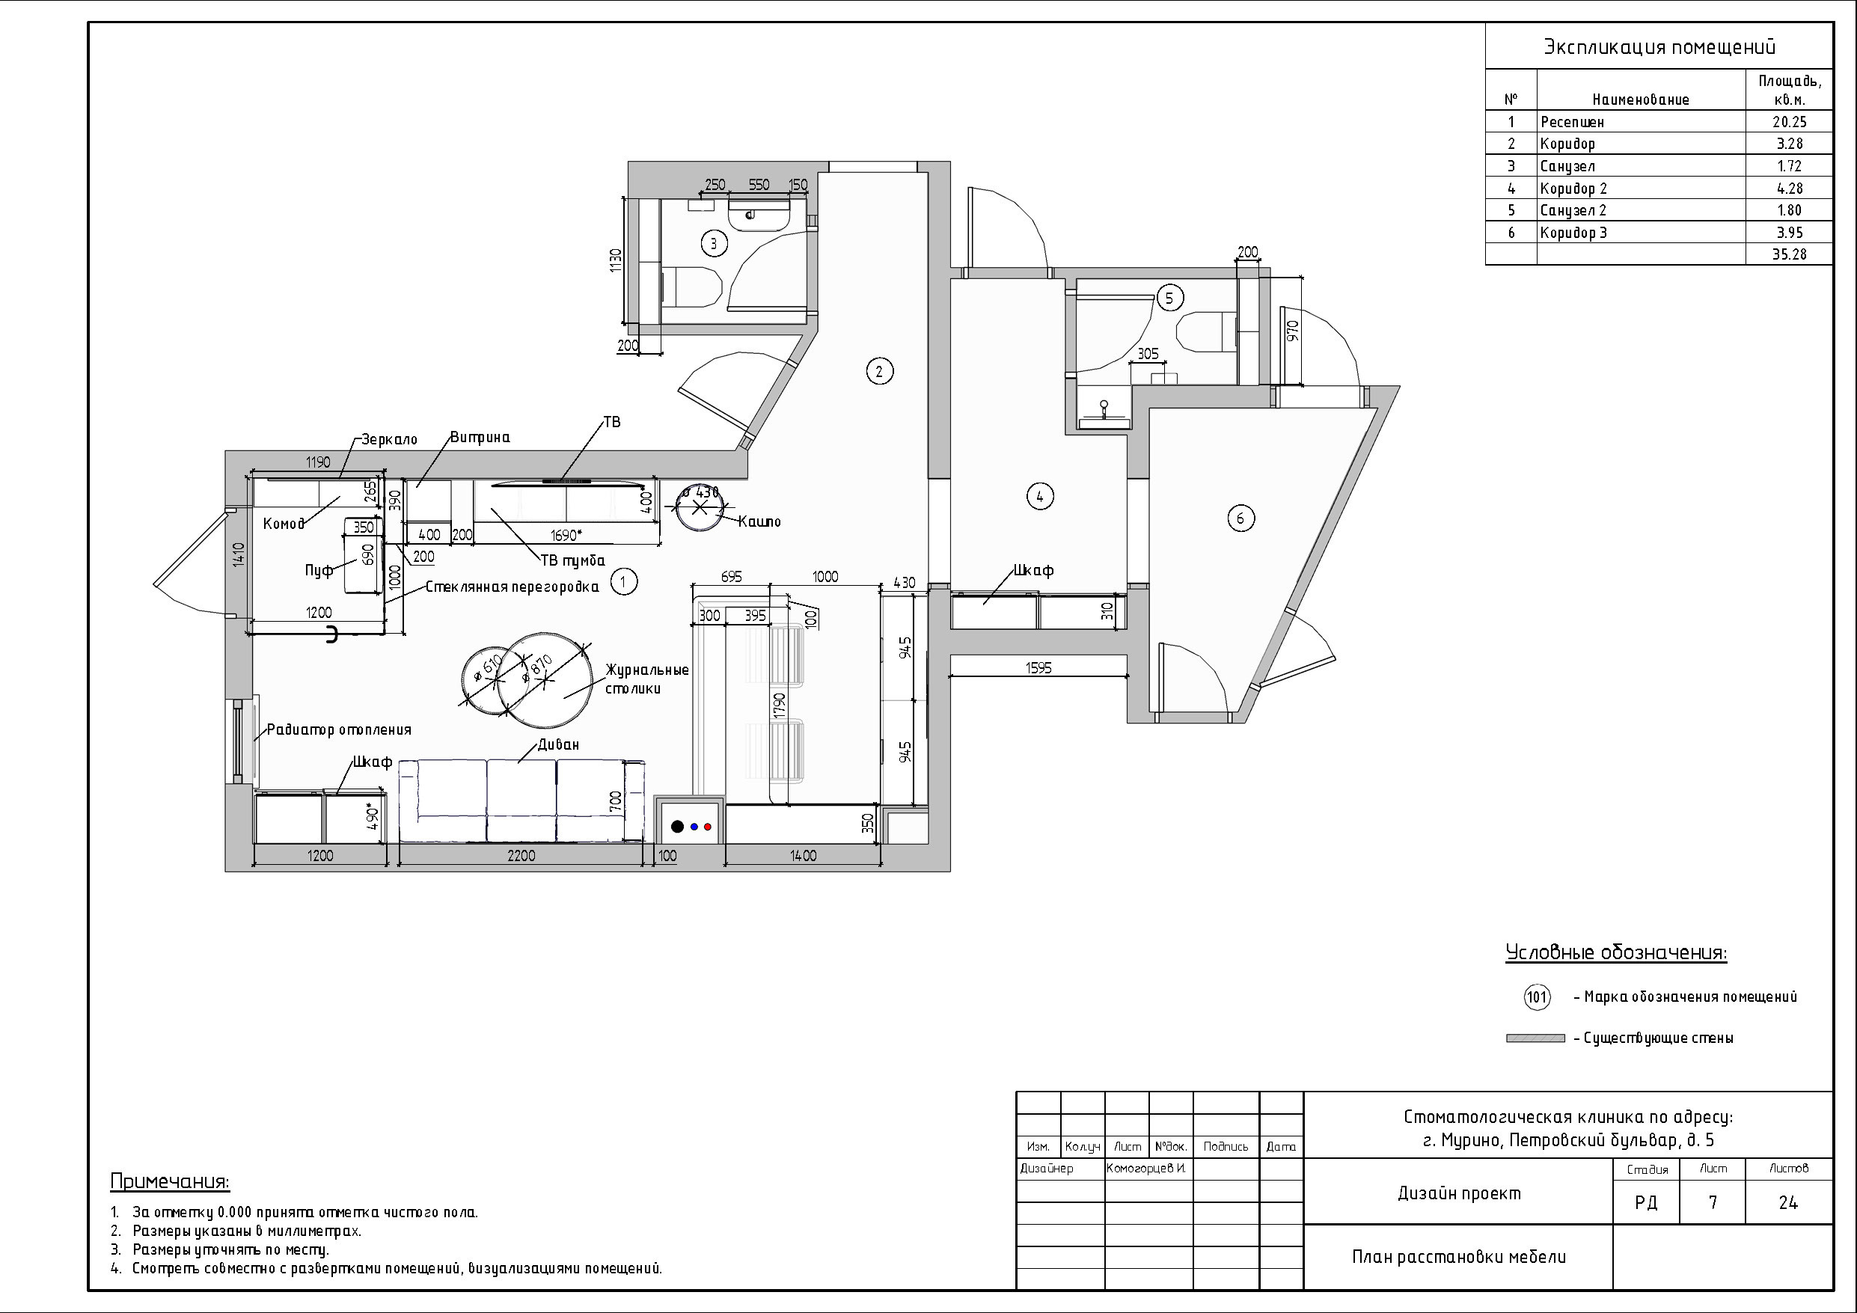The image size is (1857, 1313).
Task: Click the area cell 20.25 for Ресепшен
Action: pyautogui.click(x=1788, y=121)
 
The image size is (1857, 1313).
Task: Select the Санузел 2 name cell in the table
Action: pyautogui.click(x=1573, y=210)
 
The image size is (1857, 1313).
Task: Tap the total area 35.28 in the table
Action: pyautogui.click(x=1788, y=254)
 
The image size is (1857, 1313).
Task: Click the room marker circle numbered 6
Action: pyautogui.click(x=1240, y=518)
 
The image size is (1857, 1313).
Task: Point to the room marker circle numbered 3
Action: pyautogui.click(x=713, y=242)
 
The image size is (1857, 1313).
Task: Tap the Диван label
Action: pyautogui.click(x=558, y=744)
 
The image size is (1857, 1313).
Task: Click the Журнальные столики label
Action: pyautogui.click(x=646, y=679)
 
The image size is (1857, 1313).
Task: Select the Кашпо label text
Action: pyautogui.click(x=759, y=521)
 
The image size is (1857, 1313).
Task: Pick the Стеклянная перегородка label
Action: pyautogui.click(x=512, y=587)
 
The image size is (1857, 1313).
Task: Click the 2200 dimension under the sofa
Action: pyautogui.click(x=521, y=855)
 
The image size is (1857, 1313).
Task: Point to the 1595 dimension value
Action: pyautogui.click(x=1038, y=668)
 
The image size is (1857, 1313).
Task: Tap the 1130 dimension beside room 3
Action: pyautogui.click(x=617, y=260)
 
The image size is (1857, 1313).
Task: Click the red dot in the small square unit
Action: pyautogui.click(x=708, y=827)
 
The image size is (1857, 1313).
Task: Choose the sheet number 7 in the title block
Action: pyautogui.click(x=1712, y=1203)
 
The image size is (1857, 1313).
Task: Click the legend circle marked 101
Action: pyautogui.click(x=1537, y=997)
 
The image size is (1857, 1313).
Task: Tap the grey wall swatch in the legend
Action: pyautogui.click(x=1535, y=1038)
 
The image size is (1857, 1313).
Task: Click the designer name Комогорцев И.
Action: pyautogui.click(x=1147, y=1168)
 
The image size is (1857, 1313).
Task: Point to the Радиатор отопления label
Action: pyautogui.click(x=339, y=729)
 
